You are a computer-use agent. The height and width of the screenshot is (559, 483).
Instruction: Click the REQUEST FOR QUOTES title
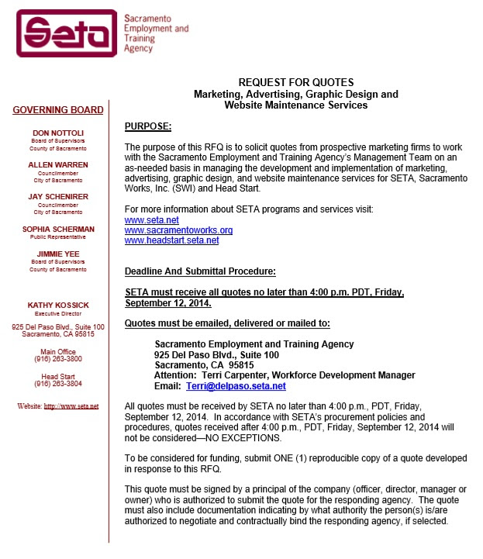pyautogui.click(x=295, y=82)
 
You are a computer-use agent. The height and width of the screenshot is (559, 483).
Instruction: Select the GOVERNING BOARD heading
pyautogui.click(x=58, y=110)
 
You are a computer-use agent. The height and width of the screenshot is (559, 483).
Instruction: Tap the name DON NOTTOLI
pyautogui.click(x=58, y=133)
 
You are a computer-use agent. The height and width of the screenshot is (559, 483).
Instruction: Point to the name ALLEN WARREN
pyautogui.click(x=58, y=165)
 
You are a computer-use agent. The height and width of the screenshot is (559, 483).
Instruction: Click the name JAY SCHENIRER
pyautogui.click(x=58, y=197)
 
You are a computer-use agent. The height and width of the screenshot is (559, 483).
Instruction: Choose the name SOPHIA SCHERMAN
pyautogui.click(x=58, y=229)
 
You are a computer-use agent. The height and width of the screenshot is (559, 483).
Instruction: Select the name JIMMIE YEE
pyautogui.click(x=58, y=254)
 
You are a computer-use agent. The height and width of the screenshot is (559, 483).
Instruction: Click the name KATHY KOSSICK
pyautogui.click(x=58, y=305)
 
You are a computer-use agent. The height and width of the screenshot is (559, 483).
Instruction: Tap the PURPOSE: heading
pyautogui.click(x=148, y=126)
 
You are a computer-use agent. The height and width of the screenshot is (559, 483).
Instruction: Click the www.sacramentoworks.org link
pyautogui.click(x=178, y=230)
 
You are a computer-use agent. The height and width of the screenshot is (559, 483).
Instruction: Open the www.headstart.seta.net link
pyautogui.click(x=171, y=240)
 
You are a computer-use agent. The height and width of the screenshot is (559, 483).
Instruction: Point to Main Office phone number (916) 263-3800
pyautogui.click(x=58, y=359)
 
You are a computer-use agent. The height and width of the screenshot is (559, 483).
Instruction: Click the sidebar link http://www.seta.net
pyautogui.click(x=71, y=405)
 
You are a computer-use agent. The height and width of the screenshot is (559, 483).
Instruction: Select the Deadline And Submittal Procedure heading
pyautogui.click(x=200, y=271)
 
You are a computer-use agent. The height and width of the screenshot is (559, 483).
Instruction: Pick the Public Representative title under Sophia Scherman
pyautogui.click(x=58, y=238)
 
